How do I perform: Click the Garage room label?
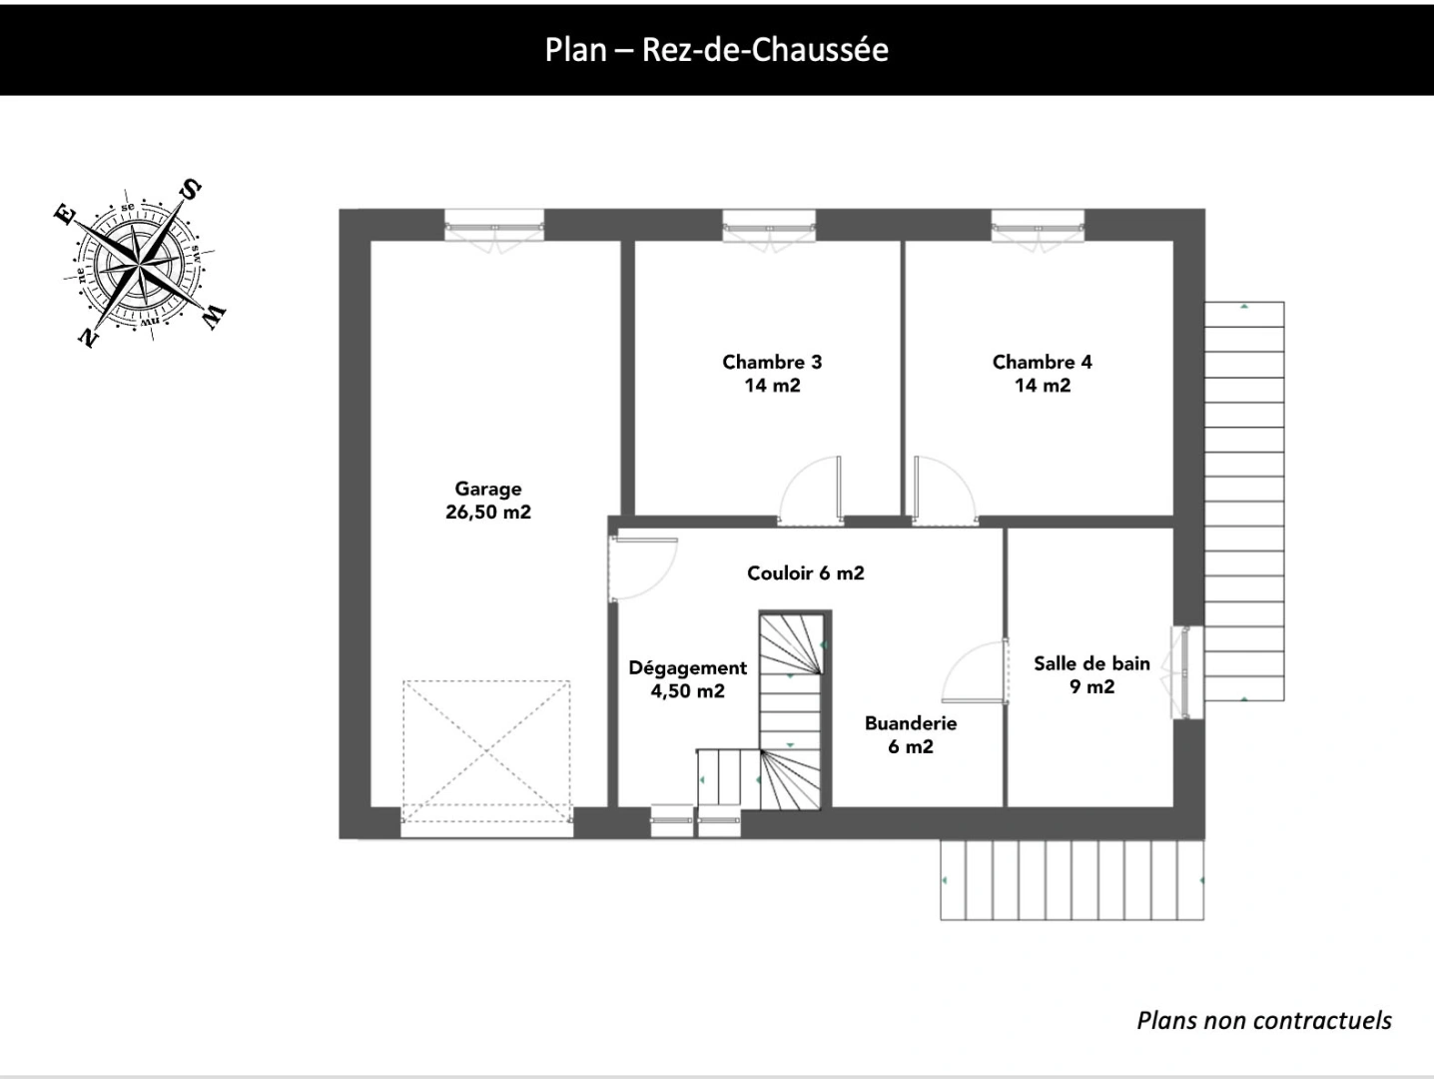tap(488, 500)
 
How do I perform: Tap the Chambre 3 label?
tap(772, 374)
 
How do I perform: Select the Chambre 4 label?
tap(1042, 374)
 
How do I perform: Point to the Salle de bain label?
tap(1091, 674)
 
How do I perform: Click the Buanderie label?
tap(911, 734)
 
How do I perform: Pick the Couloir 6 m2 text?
tap(806, 573)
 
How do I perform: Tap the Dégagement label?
tap(687, 679)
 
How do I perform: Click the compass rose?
tap(139, 264)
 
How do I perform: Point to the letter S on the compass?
tap(190, 190)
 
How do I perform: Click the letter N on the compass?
tap(88, 337)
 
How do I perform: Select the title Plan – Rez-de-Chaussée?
tap(717, 50)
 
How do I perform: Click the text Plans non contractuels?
tap(1264, 1020)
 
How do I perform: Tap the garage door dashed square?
tap(486, 751)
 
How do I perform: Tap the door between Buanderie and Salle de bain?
tap(974, 671)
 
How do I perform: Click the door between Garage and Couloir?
tap(643, 568)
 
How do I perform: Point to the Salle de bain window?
tap(1185, 672)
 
